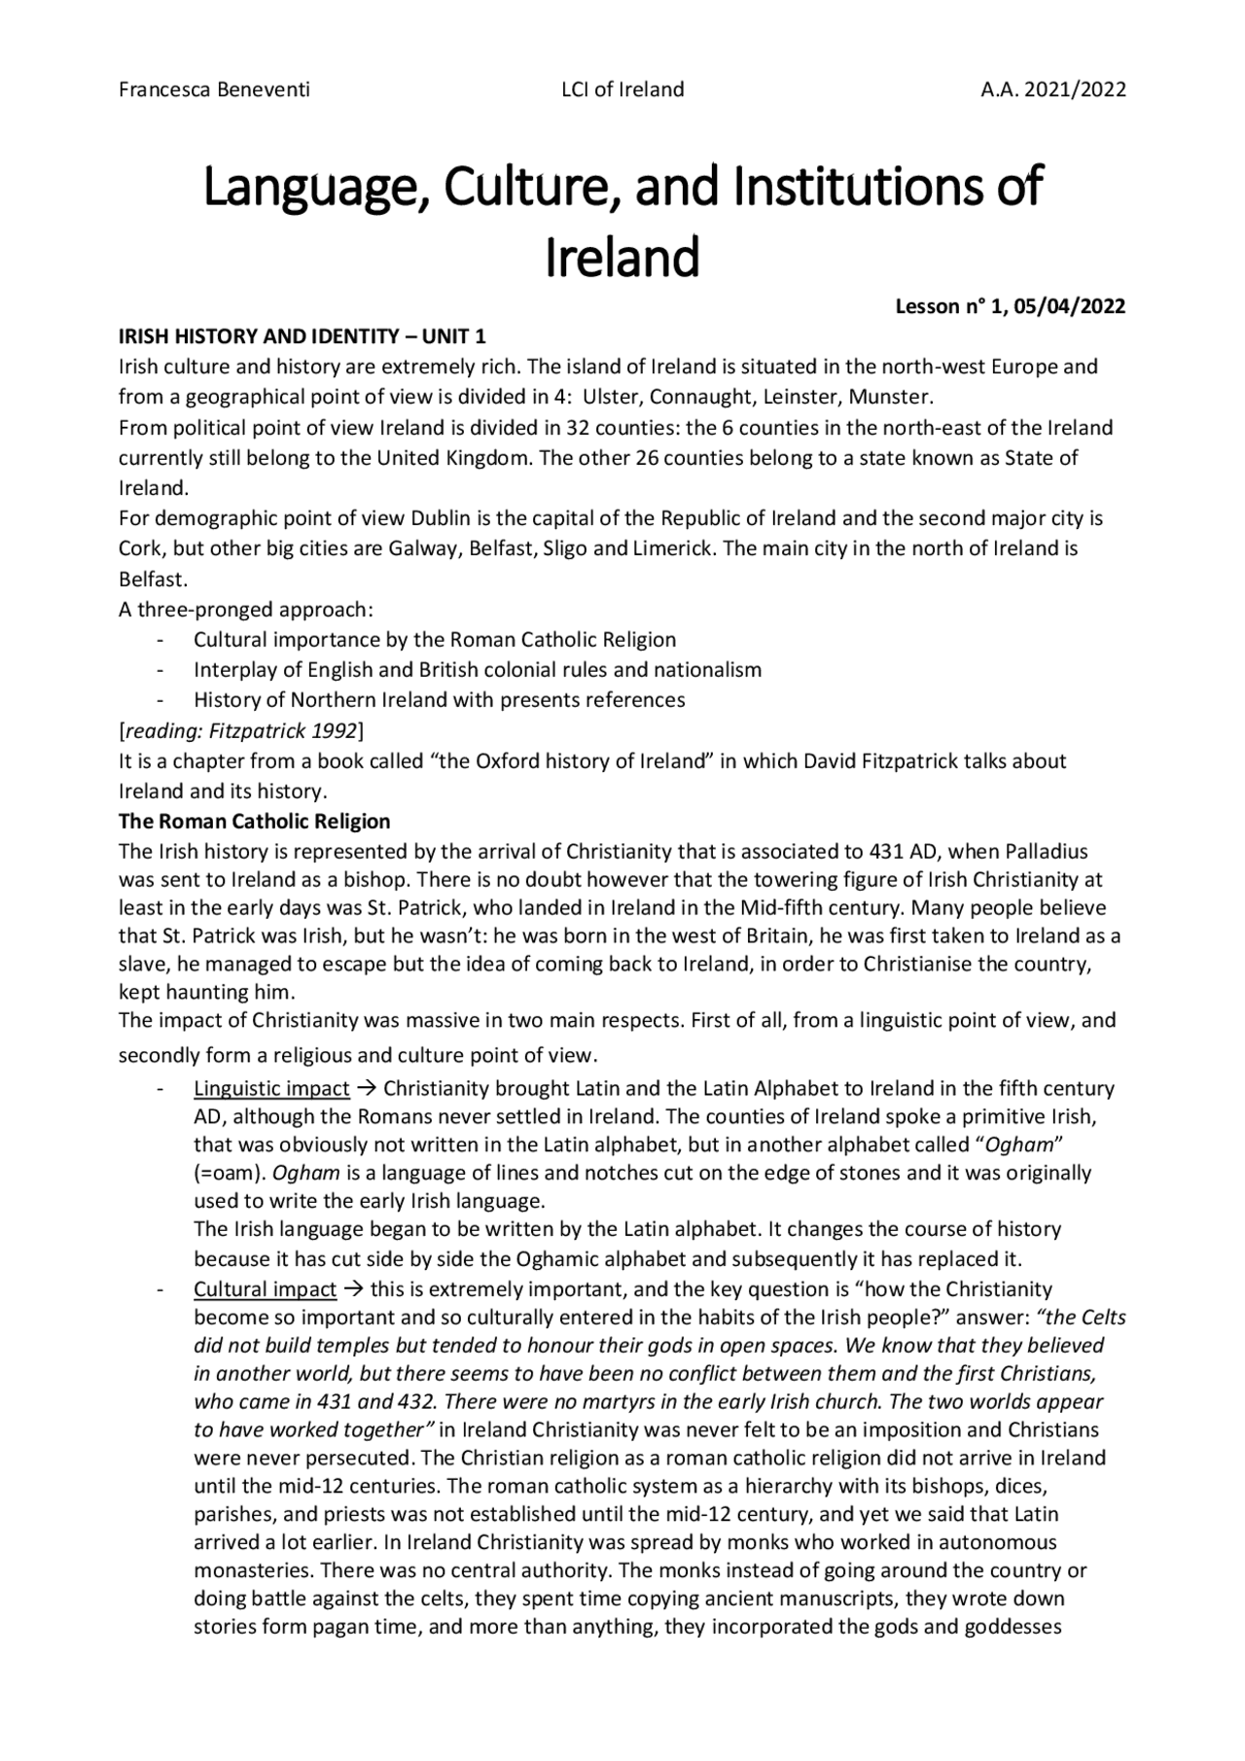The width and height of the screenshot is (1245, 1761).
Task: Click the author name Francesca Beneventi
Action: pyautogui.click(x=214, y=89)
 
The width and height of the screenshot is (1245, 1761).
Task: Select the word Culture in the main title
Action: pyautogui.click(x=528, y=187)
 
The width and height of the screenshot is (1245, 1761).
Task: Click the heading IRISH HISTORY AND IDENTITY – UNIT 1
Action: pyautogui.click(x=302, y=337)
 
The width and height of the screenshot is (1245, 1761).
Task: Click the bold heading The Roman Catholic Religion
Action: pyautogui.click(x=254, y=822)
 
